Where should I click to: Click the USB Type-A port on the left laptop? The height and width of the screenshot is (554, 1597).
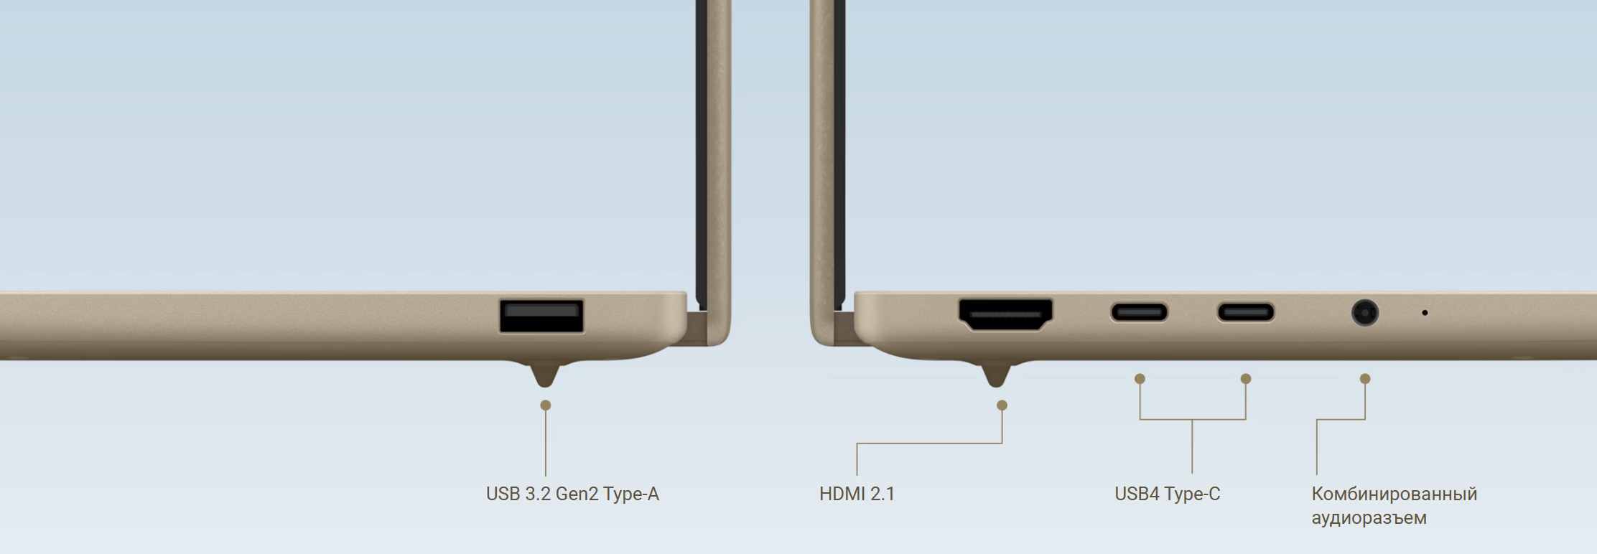tap(541, 316)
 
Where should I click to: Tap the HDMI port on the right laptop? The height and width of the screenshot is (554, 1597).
tap(1005, 314)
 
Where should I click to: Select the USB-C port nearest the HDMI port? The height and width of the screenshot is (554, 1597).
tap(1139, 312)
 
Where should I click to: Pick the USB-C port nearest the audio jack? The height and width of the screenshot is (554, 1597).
tap(1245, 312)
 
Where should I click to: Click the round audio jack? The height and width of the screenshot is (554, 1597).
tap(1364, 313)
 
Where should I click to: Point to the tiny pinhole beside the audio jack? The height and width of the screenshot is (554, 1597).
tap(1425, 313)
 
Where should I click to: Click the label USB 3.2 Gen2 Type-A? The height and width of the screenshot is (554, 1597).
tap(572, 494)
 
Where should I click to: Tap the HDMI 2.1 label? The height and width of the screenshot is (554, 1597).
tap(857, 494)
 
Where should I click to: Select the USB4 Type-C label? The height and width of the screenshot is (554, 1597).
tap(1167, 494)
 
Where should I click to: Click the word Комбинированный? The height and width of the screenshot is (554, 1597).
tap(1394, 494)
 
